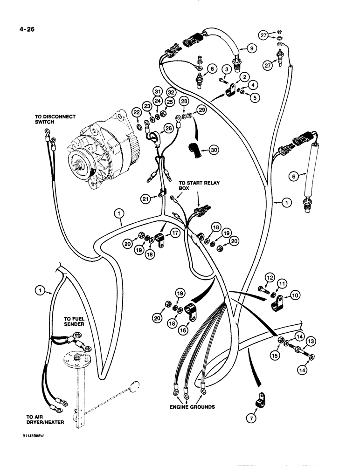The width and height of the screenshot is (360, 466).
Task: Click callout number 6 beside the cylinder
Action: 293,176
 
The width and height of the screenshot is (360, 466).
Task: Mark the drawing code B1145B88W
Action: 29,451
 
